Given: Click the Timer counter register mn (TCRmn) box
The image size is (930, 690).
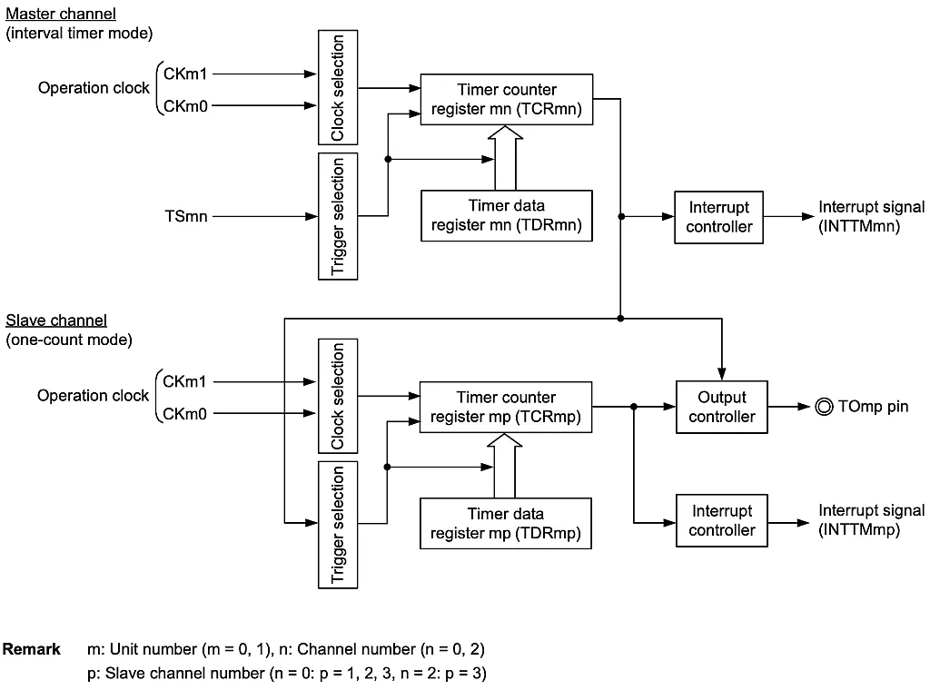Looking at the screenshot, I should [506, 100].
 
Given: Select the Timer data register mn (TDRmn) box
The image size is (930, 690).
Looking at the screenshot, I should [506, 215].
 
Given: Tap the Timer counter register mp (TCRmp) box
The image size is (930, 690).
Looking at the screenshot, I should [506, 407].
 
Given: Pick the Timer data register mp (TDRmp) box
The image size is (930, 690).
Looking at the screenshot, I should [506, 523].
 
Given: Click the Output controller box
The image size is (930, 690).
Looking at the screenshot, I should [721, 407].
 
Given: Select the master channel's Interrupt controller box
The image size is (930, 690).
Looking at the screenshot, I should [718, 217].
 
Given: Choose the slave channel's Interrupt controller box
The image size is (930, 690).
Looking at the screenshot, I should [721, 521].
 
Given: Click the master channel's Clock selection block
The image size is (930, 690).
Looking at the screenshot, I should [338, 86].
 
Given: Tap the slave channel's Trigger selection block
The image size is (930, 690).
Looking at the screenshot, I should [338, 524].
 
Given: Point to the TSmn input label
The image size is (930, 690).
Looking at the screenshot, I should [186, 217].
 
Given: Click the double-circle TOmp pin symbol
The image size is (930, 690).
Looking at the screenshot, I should [824, 407].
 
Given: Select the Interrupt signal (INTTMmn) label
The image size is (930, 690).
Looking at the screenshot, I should [871, 217].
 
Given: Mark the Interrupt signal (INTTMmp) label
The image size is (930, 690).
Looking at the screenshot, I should [871, 520].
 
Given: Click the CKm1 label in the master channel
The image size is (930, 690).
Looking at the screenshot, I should [185, 74].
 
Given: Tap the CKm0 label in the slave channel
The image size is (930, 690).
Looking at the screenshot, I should [185, 414].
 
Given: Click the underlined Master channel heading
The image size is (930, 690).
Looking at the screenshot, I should [61, 15].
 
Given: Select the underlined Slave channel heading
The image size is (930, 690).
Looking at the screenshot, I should [56, 320].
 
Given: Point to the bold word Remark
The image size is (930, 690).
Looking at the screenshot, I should [32, 649].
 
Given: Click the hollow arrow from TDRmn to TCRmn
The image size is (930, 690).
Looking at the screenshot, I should [506, 158].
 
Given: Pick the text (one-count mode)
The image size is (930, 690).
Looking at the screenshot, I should [69, 340].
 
